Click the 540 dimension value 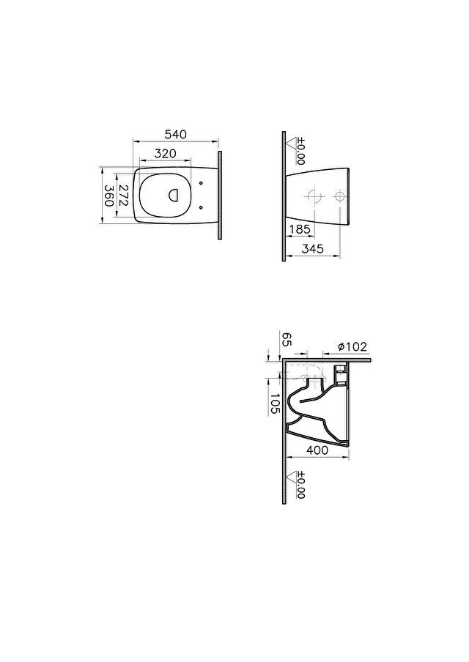(175, 135)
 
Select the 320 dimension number (165, 154)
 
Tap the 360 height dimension (108, 195)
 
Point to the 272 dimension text (123, 195)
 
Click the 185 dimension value (300, 229)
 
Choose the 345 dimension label (313, 249)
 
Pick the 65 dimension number (287, 340)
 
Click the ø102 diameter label (352, 346)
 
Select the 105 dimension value (275, 404)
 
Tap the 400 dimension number (317, 450)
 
